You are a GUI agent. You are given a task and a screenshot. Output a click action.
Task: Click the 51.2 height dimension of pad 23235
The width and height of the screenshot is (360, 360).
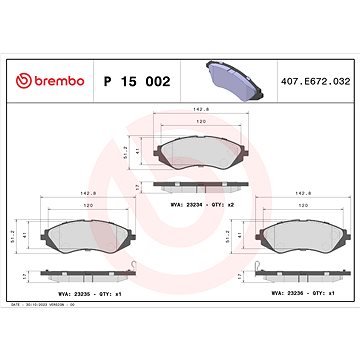24,236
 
